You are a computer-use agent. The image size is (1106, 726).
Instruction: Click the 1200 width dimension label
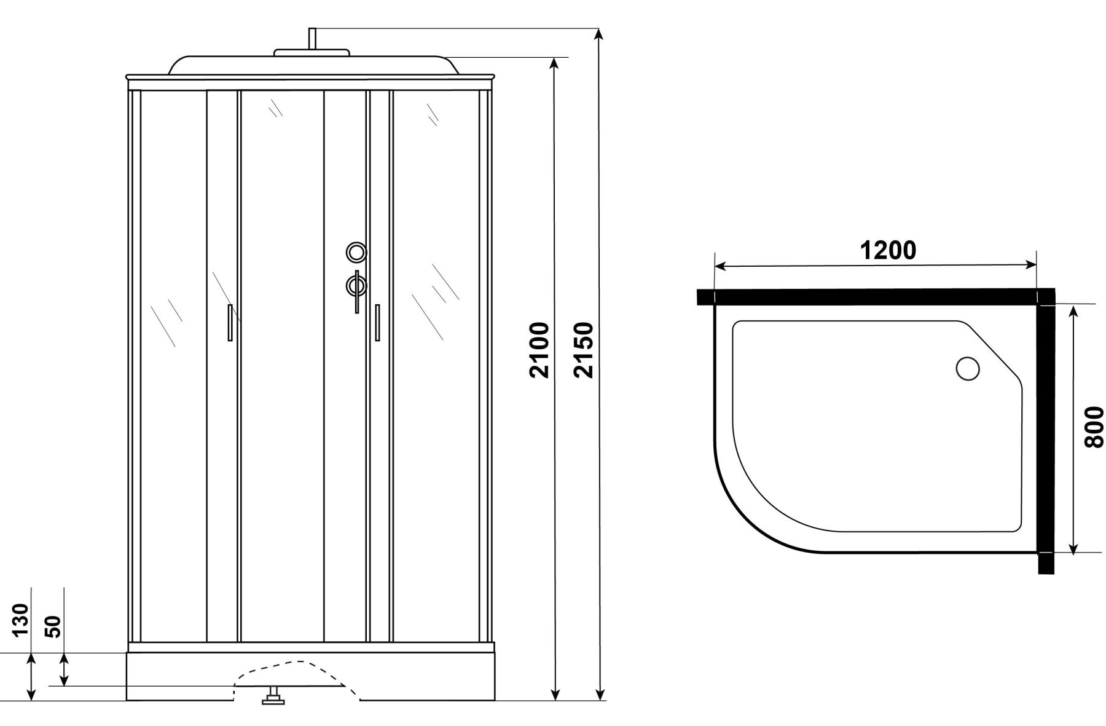(x=887, y=250)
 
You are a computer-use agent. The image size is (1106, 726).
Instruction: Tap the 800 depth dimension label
(x=1094, y=427)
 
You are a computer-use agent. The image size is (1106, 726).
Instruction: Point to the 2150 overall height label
(x=584, y=350)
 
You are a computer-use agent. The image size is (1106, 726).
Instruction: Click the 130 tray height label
(x=20, y=620)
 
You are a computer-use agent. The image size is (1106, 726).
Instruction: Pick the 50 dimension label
(x=54, y=626)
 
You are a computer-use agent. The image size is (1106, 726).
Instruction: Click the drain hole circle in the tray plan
(x=968, y=369)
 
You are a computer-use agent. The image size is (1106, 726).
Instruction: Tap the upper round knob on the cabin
(x=356, y=251)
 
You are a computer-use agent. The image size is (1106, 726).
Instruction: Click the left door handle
(x=230, y=322)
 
